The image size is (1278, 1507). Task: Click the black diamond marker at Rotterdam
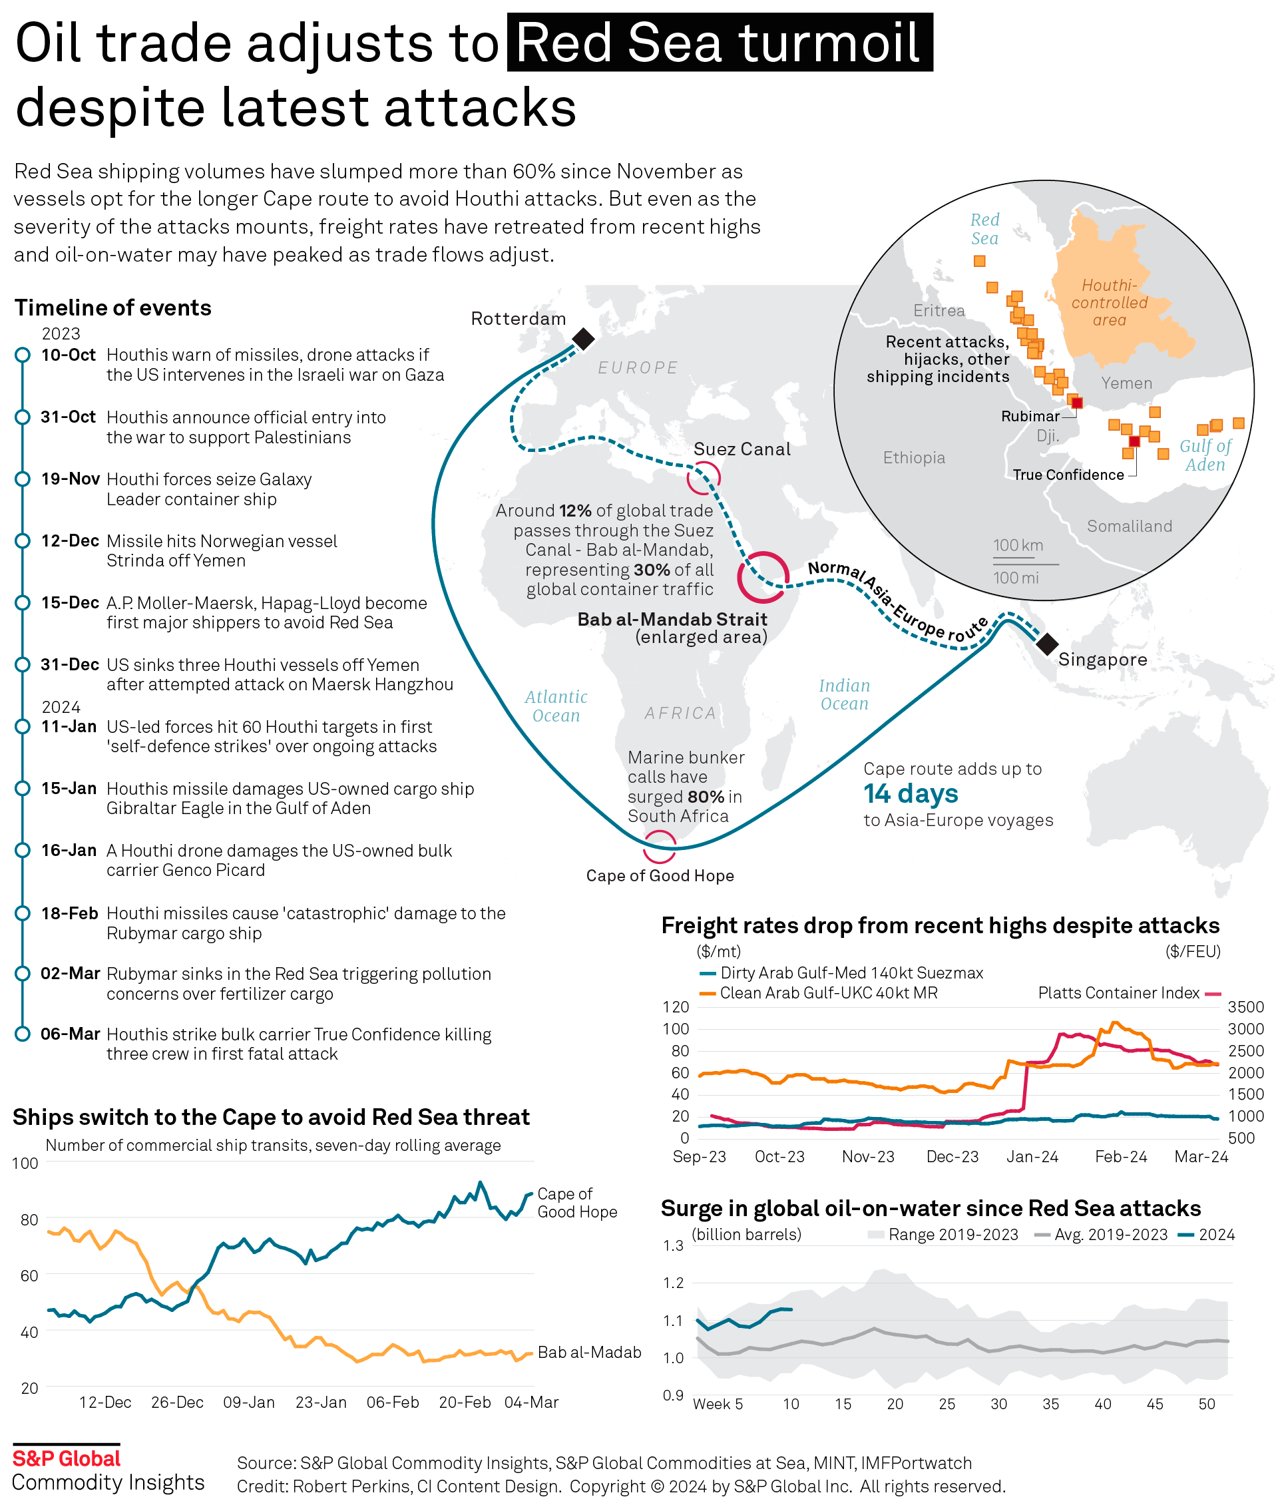(583, 338)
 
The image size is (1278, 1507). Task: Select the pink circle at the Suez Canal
(703, 478)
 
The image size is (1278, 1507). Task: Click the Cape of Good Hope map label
(659, 875)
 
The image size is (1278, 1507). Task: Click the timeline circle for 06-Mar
(23, 1034)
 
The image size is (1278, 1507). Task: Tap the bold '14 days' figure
(911, 793)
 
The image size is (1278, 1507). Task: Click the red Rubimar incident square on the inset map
(1076, 403)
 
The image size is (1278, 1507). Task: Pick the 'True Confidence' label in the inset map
(1068, 475)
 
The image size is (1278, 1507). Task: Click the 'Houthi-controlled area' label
(1109, 303)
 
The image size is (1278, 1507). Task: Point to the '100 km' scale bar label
(1018, 545)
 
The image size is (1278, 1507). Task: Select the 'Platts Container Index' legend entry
(1119, 992)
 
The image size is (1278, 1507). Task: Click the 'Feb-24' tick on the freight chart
(1120, 1156)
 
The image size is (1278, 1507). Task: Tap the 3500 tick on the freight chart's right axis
(1245, 1006)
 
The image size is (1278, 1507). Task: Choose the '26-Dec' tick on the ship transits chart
(177, 1402)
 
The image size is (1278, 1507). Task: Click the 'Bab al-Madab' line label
(589, 1352)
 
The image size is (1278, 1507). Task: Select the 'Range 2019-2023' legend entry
(953, 1235)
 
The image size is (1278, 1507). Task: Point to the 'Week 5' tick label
(718, 1403)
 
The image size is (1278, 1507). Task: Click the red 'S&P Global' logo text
(67, 1458)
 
